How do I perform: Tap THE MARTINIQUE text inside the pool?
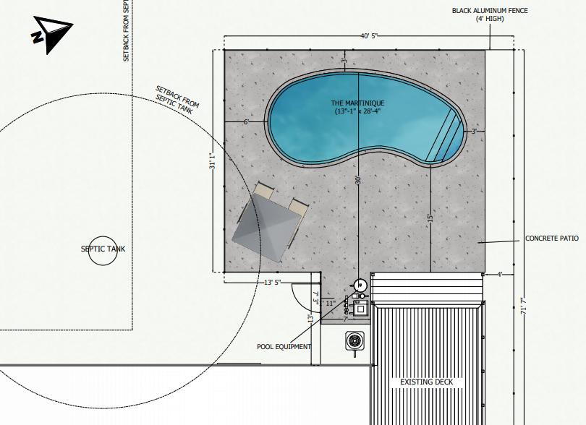(357, 103)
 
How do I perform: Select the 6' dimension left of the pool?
(245, 123)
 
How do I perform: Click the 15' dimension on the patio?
(430, 219)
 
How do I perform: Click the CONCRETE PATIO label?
(551, 238)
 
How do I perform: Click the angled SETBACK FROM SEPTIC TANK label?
(177, 100)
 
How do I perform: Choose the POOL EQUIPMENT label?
(284, 346)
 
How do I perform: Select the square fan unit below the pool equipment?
(354, 339)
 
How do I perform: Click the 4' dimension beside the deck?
(499, 274)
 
